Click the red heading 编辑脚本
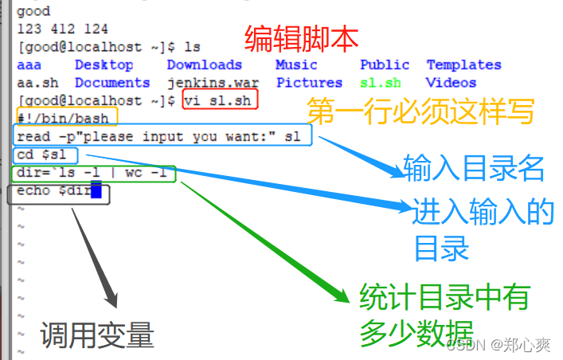coord(301,37)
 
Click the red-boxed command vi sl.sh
coord(221,101)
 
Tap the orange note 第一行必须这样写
coord(420,112)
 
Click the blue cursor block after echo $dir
coord(96,191)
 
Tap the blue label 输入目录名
coord(474,169)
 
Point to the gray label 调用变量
coord(97,335)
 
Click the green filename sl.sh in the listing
coord(380,83)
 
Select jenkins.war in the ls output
coord(204,83)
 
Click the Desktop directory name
coord(104,65)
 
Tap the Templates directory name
coord(463,65)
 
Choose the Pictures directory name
coord(309,83)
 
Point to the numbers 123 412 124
coord(63,29)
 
